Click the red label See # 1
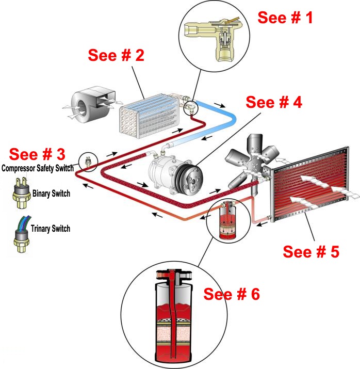coord(285,18)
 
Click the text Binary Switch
coord(51,194)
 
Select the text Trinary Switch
coord(51,228)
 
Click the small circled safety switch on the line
coord(88,161)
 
